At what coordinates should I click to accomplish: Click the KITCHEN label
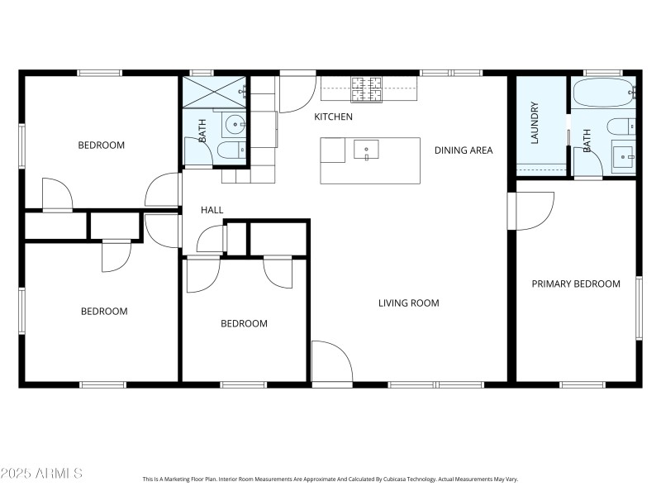click(333, 117)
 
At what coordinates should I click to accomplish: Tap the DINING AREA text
click(464, 150)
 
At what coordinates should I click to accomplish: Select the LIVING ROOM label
click(408, 303)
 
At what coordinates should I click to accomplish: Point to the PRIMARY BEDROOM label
click(575, 284)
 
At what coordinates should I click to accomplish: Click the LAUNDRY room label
click(535, 123)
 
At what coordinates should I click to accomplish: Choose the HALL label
click(212, 211)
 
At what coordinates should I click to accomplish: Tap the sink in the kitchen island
click(366, 150)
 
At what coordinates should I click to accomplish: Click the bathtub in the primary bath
click(602, 93)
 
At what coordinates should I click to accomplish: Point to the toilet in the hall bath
click(230, 150)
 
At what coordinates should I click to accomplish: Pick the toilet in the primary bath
click(620, 126)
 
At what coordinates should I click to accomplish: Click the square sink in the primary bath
click(623, 155)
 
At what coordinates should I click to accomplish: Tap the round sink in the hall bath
click(235, 126)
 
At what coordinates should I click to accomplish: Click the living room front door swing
click(332, 364)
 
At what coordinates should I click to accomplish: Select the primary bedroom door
click(532, 212)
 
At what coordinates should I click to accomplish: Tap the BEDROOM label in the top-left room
click(101, 145)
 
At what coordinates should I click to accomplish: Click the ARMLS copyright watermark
click(41, 474)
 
